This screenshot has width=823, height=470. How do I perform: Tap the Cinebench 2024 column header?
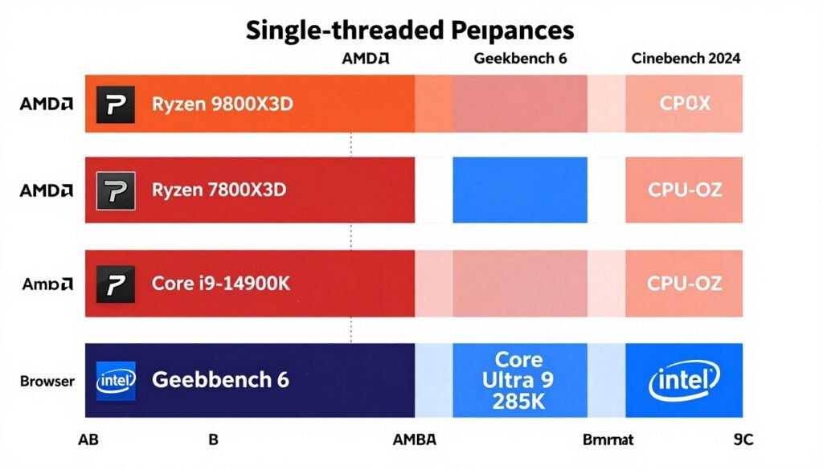tap(686, 59)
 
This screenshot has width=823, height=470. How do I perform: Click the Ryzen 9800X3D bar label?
tap(219, 103)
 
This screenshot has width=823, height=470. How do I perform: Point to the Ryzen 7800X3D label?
tap(219, 190)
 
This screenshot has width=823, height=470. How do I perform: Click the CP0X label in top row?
tap(685, 104)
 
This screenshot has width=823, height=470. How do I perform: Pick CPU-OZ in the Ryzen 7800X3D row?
tap(685, 190)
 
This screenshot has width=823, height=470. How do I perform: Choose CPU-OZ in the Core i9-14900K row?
tap(685, 283)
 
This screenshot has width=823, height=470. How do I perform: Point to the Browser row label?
tap(47, 380)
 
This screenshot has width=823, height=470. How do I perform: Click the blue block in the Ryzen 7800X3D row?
tap(520, 190)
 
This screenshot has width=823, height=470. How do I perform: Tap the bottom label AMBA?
tap(414, 439)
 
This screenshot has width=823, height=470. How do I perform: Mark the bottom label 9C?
tap(743, 439)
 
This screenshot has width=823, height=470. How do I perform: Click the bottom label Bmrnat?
tap(608, 439)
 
